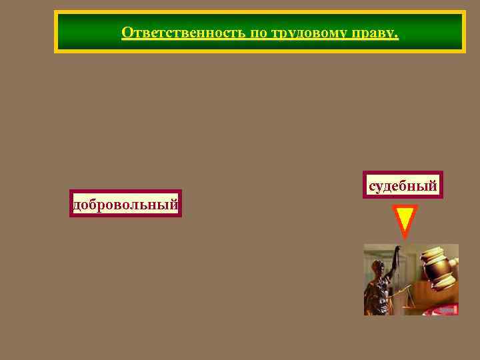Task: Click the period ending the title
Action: coord(397,35)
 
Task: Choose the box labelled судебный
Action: coord(403,185)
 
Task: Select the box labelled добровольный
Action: coord(125,204)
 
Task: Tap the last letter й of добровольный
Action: coord(174,203)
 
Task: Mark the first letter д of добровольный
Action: coord(77,205)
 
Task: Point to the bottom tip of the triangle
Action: coord(404,237)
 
